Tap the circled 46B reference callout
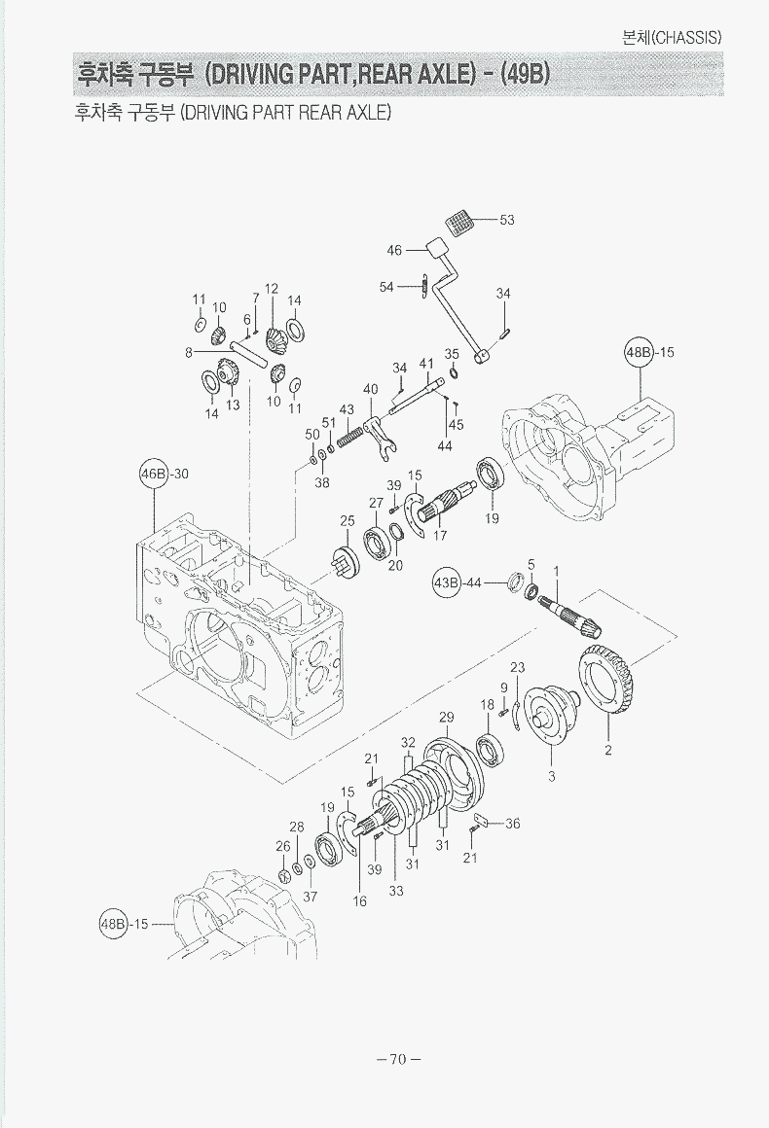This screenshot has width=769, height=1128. pos(152,475)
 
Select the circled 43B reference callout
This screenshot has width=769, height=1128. pos(446,582)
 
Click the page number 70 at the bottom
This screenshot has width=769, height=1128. pos(396,1059)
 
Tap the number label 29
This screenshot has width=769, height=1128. pos(446,718)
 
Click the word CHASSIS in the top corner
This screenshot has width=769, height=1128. pos(687,38)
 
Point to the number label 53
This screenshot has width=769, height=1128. pos(507,220)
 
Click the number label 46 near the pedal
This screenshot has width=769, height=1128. pos(394,250)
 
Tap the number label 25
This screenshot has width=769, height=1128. pos(348,521)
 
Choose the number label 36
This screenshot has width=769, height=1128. pos(512,824)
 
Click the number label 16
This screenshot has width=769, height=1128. pos(360,901)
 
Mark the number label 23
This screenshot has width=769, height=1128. pos(518,667)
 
